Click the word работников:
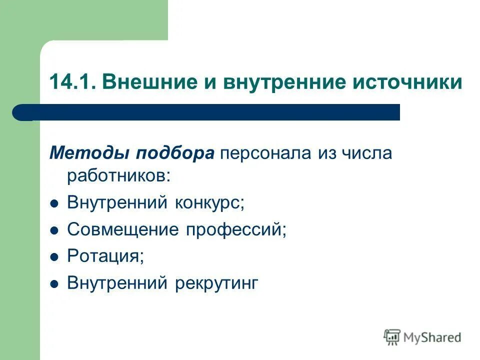(118, 175)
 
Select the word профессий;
(236, 229)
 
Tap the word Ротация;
(105, 256)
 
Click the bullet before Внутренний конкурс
(54, 204)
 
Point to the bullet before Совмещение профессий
(54, 230)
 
